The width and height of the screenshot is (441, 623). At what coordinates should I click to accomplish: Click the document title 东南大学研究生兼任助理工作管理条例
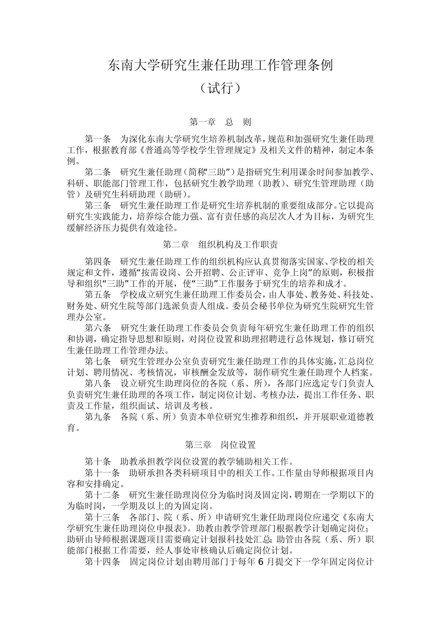tap(220, 65)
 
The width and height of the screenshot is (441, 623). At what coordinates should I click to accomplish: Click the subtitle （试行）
tap(220, 88)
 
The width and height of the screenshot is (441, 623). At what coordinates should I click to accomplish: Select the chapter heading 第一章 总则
tap(220, 122)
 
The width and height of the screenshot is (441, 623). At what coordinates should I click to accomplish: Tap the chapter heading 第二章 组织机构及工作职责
tap(220, 245)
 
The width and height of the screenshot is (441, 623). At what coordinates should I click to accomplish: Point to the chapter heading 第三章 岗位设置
tap(220, 445)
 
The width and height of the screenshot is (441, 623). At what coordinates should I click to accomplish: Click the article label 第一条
tap(98, 139)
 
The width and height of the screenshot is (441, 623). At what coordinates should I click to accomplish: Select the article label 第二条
tap(98, 172)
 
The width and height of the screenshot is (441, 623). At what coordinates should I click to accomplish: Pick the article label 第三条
tap(98, 205)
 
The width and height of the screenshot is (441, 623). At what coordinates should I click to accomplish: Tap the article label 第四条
tap(98, 262)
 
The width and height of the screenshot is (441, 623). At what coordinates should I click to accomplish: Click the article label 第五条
tap(98, 295)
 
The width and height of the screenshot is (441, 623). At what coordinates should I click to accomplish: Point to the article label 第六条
tap(98, 328)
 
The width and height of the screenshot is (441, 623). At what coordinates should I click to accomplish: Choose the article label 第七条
tap(98, 362)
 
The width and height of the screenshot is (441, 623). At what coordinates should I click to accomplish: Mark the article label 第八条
tap(98, 384)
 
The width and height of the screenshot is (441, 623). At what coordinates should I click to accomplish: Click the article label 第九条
tap(98, 417)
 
